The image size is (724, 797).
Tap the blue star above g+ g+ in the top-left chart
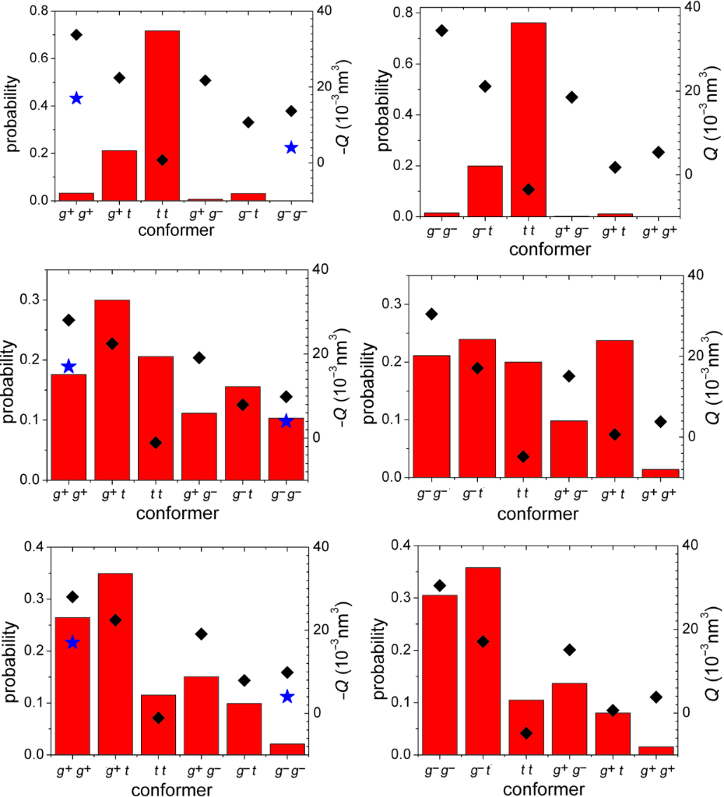point(76,98)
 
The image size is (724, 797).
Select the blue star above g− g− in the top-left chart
point(291,148)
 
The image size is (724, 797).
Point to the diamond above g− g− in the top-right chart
point(441,30)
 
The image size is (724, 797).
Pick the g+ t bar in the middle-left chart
point(112,389)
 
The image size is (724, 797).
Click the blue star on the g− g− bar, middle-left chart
point(286,421)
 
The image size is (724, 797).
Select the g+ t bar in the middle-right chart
point(615,409)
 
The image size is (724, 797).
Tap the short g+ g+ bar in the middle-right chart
point(660,472)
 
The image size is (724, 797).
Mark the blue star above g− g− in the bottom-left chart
point(287,697)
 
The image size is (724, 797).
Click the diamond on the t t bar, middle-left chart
point(156,443)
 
